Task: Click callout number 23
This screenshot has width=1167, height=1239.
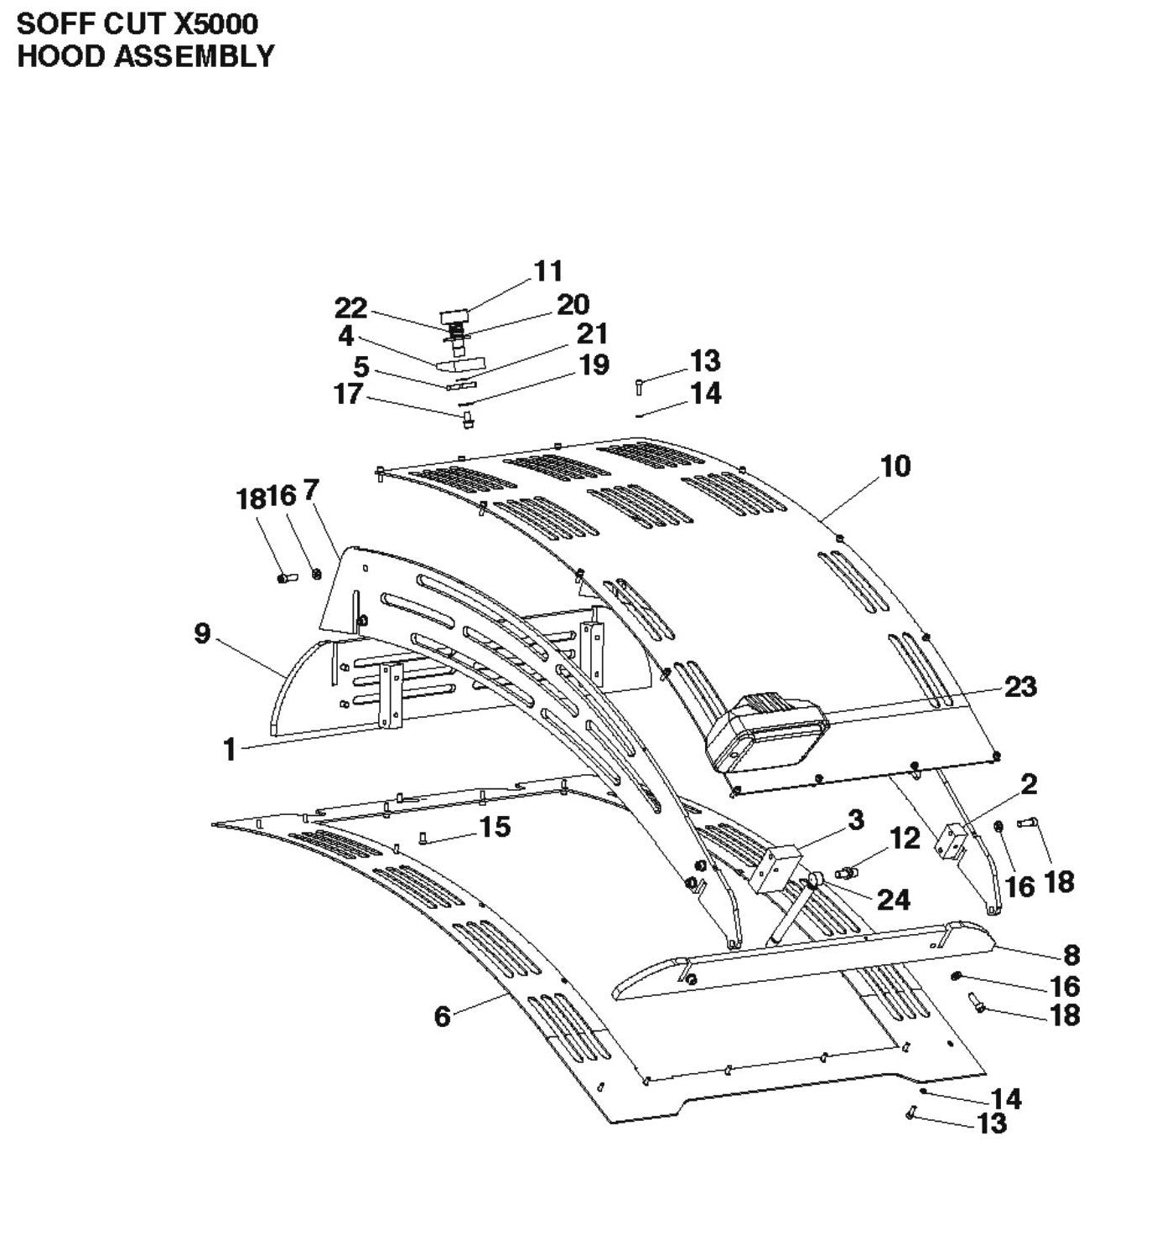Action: coord(1020,687)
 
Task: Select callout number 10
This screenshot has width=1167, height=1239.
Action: coord(895,466)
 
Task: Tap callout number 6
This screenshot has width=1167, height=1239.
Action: coord(442,1016)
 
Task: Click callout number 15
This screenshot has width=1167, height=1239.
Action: coord(495,827)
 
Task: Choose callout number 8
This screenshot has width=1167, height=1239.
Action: coord(1071,955)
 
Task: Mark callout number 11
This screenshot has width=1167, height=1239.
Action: coord(548,271)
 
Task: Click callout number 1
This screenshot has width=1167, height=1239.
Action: coord(229,750)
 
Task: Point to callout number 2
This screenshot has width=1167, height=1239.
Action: coord(1029,784)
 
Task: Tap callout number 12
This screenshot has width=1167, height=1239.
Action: coord(905,838)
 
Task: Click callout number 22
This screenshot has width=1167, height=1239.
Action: coord(351,308)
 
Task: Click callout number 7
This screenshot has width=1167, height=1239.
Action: coord(311,490)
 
